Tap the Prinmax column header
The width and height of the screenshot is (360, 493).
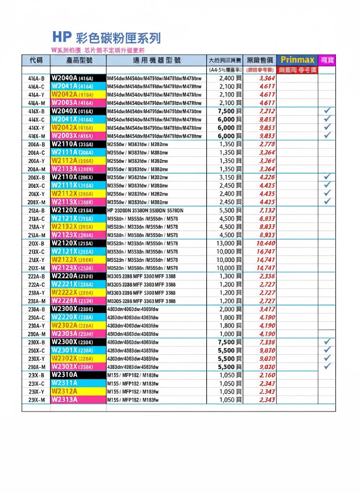coord(297,60)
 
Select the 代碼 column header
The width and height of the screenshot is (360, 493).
coord(36,60)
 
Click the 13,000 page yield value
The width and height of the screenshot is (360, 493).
coord(227,243)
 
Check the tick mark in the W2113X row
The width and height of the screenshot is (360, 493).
coord(328,202)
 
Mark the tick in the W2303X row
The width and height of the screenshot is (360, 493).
coord(328,367)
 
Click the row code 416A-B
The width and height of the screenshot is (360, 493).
coord(36,78)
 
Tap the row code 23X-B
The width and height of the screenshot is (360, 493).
coord(36,375)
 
